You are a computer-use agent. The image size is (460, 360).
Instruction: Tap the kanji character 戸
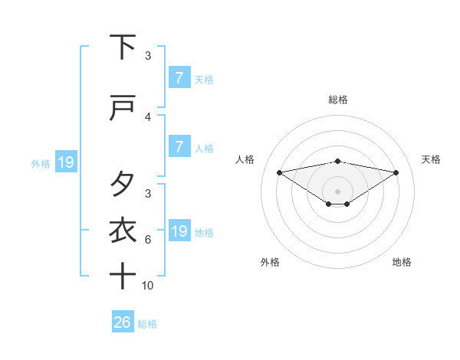click(x=123, y=110)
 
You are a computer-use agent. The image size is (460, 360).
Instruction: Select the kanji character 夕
click(x=123, y=185)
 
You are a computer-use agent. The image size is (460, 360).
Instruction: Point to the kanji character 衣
click(x=123, y=229)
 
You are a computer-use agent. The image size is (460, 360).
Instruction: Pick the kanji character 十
click(x=123, y=275)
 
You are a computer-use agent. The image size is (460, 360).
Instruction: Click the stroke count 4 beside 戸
click(x=148, y=117)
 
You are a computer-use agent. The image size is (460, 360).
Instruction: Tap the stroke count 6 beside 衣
click(x=148, y=239)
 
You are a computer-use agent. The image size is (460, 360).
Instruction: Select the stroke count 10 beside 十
click(x=148, y=285)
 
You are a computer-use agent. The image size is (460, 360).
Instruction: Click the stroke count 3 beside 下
click(x=148, y=55)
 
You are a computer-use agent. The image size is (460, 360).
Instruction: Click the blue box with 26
click(x=123, y=322)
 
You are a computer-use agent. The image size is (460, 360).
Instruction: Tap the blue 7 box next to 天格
click(x=179, y=77)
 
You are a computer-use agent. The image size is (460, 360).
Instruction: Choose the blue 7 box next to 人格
click(x=179, y=147)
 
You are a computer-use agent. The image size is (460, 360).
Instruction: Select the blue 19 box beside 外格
click(x=65, y=162)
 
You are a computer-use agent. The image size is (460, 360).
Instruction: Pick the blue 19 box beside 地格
click(x=179, y=231)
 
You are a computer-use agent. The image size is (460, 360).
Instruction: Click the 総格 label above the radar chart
click(x=338, y=100)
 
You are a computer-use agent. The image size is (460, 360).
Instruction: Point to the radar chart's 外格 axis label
click(x=269, y=262)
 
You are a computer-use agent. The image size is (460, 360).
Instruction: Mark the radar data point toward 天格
click(x=396, y=172)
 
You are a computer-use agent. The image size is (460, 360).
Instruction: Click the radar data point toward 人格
click(x=279, y=172)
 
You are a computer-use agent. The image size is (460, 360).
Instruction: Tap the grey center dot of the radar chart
click(x=338, y=191)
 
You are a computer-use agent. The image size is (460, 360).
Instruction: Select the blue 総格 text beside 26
click(x=147, y=323)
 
